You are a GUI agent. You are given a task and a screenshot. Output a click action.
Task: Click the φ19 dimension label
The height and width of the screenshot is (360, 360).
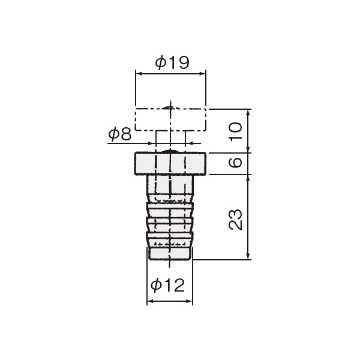172,62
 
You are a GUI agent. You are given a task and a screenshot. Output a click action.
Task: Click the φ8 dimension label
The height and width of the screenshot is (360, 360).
120,134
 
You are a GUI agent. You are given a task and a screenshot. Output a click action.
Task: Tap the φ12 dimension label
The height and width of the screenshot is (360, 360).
167,285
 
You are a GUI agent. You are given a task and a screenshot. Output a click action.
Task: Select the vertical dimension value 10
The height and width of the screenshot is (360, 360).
236,131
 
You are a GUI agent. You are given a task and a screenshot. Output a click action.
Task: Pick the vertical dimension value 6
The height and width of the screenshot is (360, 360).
236,163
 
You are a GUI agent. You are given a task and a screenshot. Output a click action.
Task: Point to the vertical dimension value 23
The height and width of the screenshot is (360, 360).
236,220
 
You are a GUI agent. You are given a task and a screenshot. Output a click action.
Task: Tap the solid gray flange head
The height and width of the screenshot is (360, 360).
170,163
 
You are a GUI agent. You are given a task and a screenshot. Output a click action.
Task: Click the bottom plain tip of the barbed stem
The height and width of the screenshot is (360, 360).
170,253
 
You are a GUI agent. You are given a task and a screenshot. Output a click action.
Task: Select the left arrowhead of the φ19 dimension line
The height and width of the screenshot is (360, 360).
139,74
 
